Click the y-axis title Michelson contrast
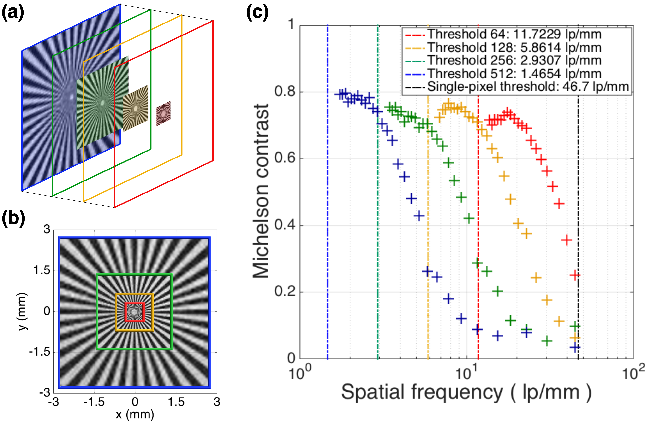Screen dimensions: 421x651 click(260, 191)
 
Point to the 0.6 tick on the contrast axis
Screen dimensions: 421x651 click(284, 158)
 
